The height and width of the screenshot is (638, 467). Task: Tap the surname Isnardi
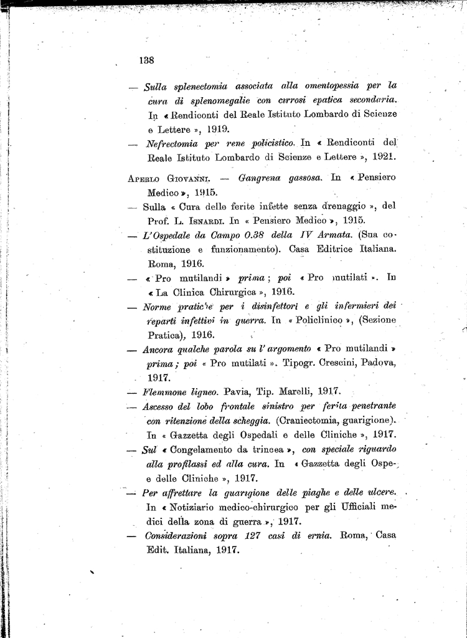(x=204, y=221)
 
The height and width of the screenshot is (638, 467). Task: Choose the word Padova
(x=381, y=363)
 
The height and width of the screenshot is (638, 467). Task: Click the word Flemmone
(x=165, y=393)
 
